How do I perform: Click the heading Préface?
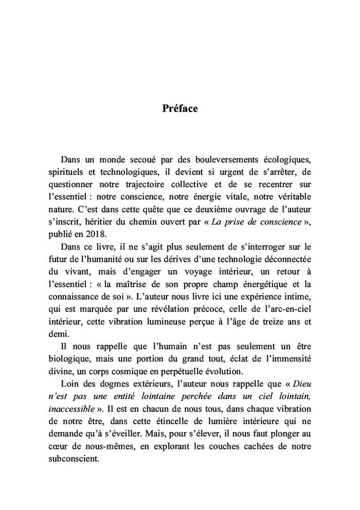coord(180,108)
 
